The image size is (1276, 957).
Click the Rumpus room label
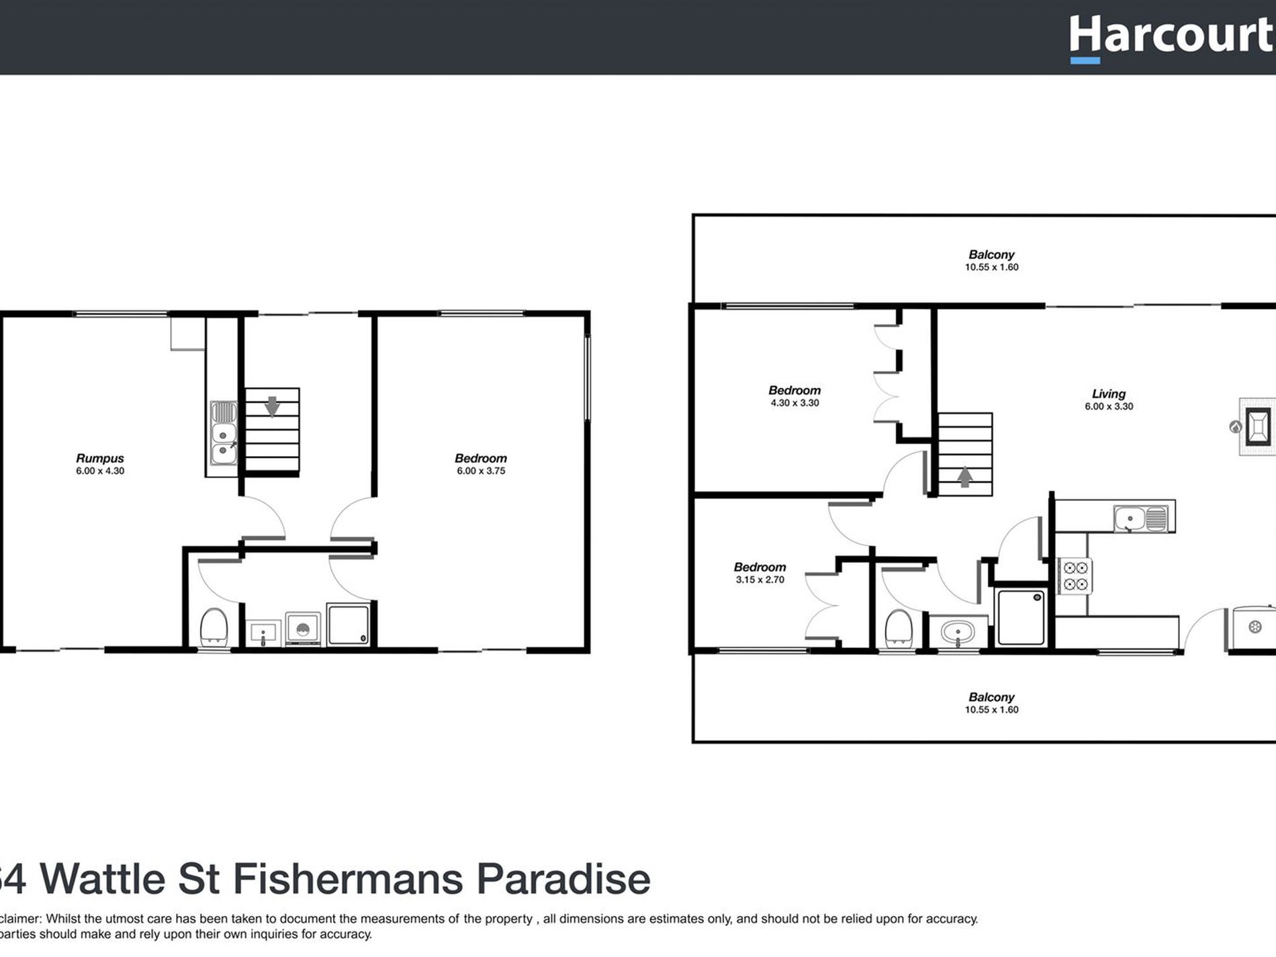point(100,458)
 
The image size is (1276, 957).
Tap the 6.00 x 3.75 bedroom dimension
point(481,471)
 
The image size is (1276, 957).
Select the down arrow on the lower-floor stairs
point(272,406)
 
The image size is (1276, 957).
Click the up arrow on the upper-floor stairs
point(964,477)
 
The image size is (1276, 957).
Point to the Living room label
point(1108,394)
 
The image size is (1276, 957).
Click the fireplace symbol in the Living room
point(1258,426)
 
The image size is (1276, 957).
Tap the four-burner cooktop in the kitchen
point(1075,576)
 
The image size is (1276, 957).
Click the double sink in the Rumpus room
point(223,433)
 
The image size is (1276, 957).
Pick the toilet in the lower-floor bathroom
point(214,627)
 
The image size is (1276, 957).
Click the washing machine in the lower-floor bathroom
point(303,629)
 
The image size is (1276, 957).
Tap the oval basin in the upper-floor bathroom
point(958,633)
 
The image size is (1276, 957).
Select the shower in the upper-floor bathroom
point(1021,617)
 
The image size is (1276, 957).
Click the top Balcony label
point(991,255)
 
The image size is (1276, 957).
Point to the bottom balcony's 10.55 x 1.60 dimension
point(991,710)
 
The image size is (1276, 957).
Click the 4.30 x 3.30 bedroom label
point(794,391)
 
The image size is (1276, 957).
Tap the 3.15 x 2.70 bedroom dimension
point(760,580)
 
